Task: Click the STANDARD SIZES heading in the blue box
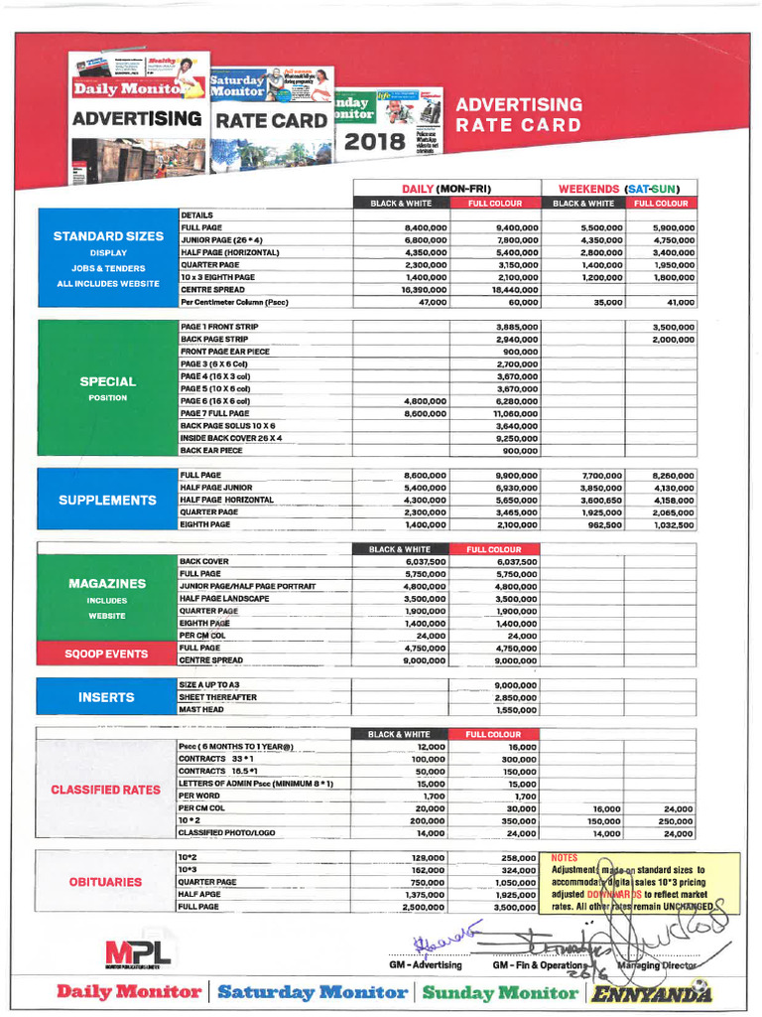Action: click(x=109, y=236)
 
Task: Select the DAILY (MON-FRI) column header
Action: click(x=446, y=189)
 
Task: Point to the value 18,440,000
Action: click(x=511, y=289)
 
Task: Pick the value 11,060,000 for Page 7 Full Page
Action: click(x=511, y=413)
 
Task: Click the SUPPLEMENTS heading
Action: click(x=107, y=500)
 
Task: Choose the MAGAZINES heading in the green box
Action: click(x=107, y=584)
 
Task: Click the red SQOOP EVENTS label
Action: click(x=106, y=654)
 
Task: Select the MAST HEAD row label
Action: click(x=203, y=710)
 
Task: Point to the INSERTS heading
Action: click(x=107, y=697)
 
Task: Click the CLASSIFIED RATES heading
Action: click(x=106, y=790)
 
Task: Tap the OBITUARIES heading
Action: click(x=106, y=882)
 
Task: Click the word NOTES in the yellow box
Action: click(x=564, y=857)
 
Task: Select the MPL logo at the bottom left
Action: click(x=138, y=953)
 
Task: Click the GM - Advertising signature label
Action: click(x=425, y=964)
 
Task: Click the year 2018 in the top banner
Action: click(x=374, y=143)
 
